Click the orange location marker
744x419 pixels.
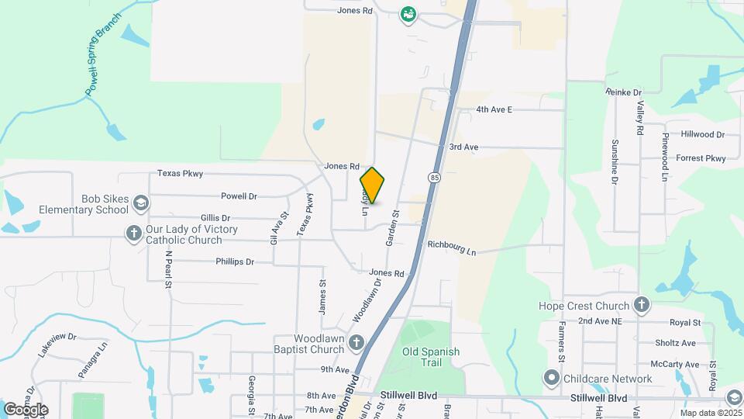click(372, 185)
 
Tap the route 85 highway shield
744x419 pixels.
click(432, 178)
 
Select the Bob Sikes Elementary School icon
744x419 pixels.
click(140, 203)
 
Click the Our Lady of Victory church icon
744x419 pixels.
click(133, 232)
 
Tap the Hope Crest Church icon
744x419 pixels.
click(641, 305)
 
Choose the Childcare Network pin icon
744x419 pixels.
click(552, 379)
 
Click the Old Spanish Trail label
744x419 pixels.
click(431, 357)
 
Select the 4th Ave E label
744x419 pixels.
click(494, 109)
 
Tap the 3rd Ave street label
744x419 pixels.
click(463, 147)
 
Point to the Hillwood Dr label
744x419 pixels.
click(702, 134)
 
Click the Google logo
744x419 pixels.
click(26, 409)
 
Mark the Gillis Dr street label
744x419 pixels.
click(215, 218)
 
